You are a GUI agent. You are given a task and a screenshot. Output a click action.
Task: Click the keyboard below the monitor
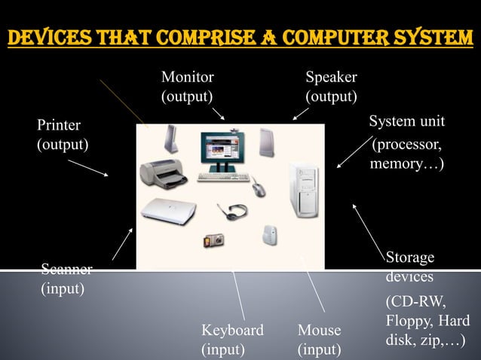[222, 178]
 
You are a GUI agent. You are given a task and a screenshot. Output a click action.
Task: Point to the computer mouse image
[259, 186]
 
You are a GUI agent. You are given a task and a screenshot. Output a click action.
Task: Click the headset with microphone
[228, 210]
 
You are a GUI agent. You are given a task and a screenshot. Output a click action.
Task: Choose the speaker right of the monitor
[268, 141]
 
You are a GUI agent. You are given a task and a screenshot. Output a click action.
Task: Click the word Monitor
[188, 78]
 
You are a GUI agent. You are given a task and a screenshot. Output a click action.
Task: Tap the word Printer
[59, 125]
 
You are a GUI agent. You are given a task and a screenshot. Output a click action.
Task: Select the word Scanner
[66, 270]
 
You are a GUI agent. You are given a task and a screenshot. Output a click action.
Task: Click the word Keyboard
[232, 331]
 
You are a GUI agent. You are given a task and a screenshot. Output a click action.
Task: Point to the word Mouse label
[319, 331]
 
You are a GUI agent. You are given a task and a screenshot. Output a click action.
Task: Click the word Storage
[410, 258]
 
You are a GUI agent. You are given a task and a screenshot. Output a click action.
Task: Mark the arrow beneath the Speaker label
[300, 113]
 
